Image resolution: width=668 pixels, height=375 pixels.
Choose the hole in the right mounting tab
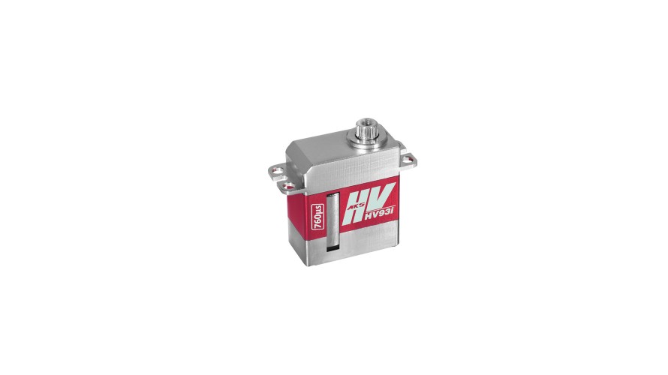[411, 157]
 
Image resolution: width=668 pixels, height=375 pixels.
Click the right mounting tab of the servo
[409, 159]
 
